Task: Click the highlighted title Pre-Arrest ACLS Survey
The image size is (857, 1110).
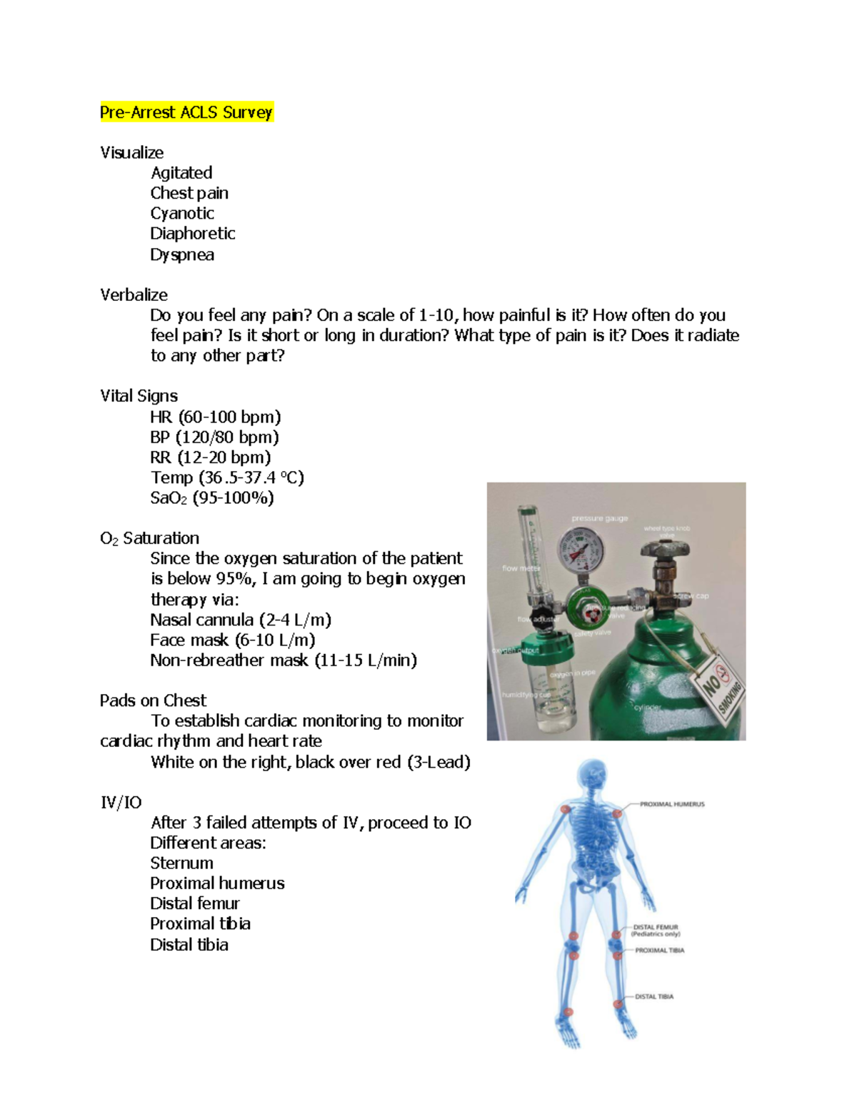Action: point(186,112)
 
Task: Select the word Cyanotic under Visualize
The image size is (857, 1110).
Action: point(182,213)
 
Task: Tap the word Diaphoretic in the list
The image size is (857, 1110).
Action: point(192,234)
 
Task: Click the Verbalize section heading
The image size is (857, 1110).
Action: point(134,294)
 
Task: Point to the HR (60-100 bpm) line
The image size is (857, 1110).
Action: point(215,417)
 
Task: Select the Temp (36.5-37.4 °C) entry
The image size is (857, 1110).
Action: point(227,477)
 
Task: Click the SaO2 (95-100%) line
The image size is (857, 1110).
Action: point(211,498)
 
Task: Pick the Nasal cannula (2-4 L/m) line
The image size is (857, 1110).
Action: point(241,620)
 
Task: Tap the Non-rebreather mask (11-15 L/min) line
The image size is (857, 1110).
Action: point(283,660)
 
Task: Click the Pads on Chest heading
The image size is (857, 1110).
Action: point(153,700)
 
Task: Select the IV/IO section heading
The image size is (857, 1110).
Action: point(121,802)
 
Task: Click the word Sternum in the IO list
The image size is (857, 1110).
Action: point(181,863)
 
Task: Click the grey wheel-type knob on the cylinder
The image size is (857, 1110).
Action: point(665,550)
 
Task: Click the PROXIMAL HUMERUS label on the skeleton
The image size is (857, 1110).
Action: point(671,804)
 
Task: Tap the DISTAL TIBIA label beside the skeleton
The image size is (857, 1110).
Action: point(653,996)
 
